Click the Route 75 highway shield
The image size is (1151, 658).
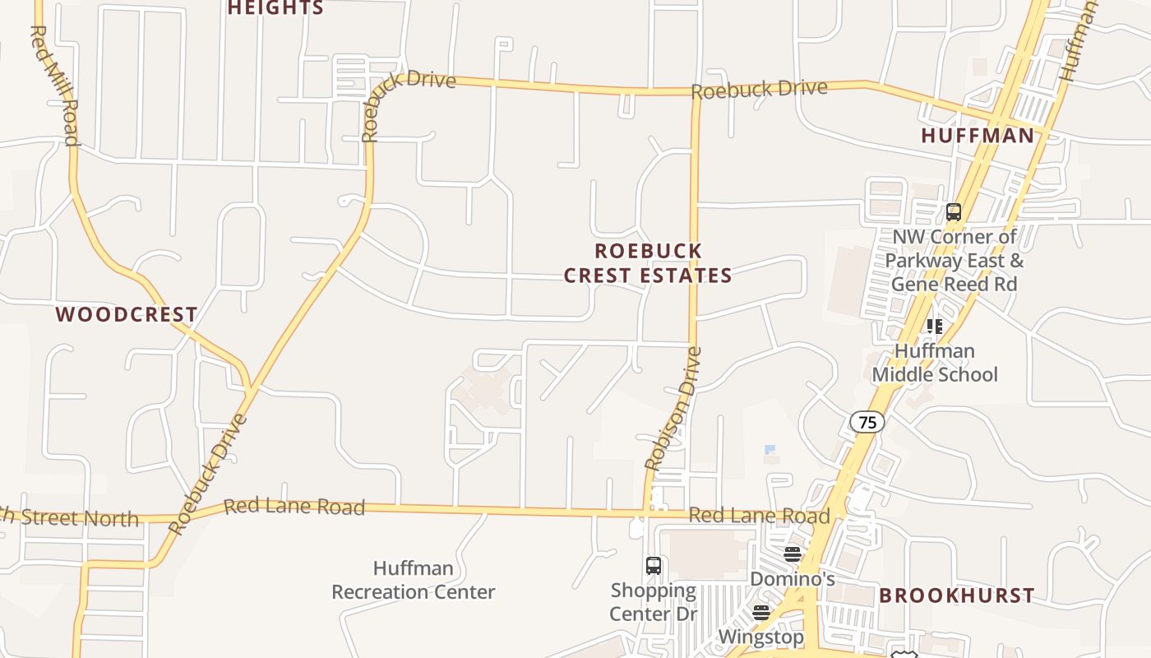point(867,422)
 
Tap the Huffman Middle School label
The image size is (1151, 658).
point(935,363)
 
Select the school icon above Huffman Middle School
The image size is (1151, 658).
point(934,327)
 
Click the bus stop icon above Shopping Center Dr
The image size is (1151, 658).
point(654,566)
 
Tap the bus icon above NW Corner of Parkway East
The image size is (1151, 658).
point(954,212)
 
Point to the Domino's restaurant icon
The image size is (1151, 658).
point(793,554)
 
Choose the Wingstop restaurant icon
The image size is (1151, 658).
point(761,613)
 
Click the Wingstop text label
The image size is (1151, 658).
point(760,637)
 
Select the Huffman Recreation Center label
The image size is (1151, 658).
point(414,580)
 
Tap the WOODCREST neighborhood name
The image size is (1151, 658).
point(127,314)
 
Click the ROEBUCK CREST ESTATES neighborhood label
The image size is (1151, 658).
point(648,263)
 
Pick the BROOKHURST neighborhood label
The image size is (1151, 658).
point(957,595)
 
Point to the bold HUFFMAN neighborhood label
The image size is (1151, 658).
point(978,136)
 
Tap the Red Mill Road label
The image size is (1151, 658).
point(54,85)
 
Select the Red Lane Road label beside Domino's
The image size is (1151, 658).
point(759,516)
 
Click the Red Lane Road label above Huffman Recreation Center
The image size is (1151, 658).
point(294,506)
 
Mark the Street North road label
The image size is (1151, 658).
point(74,517)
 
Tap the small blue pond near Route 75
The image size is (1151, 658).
point(770,449)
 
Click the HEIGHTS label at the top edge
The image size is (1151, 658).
point(275,8)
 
